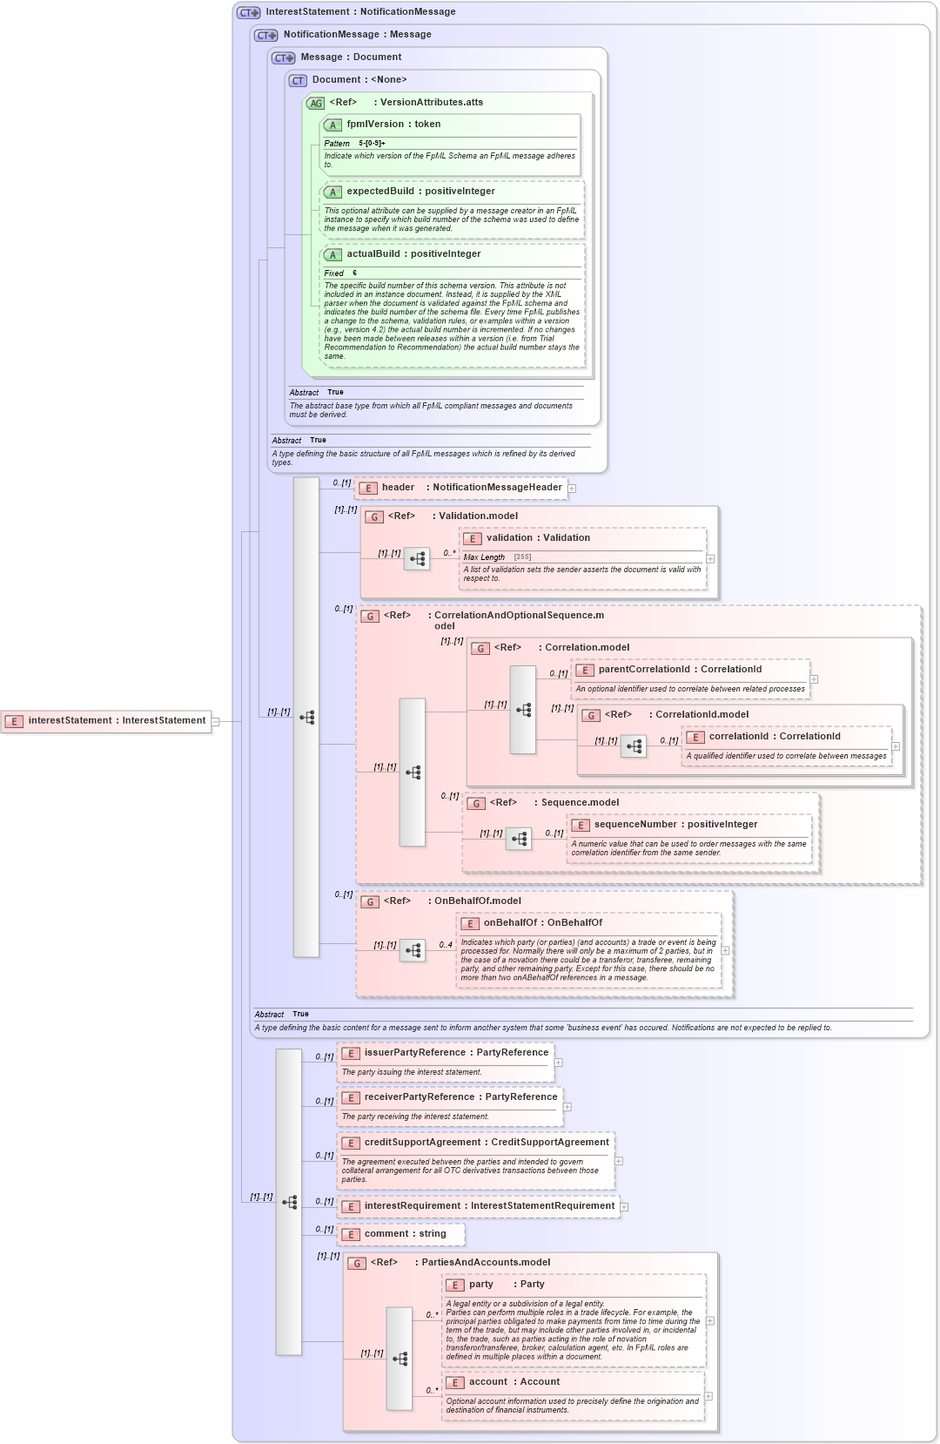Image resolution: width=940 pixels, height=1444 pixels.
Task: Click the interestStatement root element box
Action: pyautogui.click(x=106, y=721)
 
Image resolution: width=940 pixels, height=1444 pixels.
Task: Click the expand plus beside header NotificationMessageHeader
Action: pyautogui.click(x=572, y=489)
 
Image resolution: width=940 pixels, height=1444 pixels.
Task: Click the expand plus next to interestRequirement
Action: pyautogui.click(x=624, y=1207)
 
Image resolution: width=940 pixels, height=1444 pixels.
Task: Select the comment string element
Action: pyautogui.click(x=404, y=1234)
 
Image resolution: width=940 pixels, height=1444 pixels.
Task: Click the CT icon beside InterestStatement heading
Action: pyautogui.click(x=249, y=13)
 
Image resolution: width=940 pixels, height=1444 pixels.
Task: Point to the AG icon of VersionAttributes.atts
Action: pyautogui.click(x=315, y=103)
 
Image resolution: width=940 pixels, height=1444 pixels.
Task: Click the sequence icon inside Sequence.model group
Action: pyautogui.click(x=519, y=839)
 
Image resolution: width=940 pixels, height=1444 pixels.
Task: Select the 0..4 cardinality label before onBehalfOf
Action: pyautogui.click(x=445, y=945)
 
